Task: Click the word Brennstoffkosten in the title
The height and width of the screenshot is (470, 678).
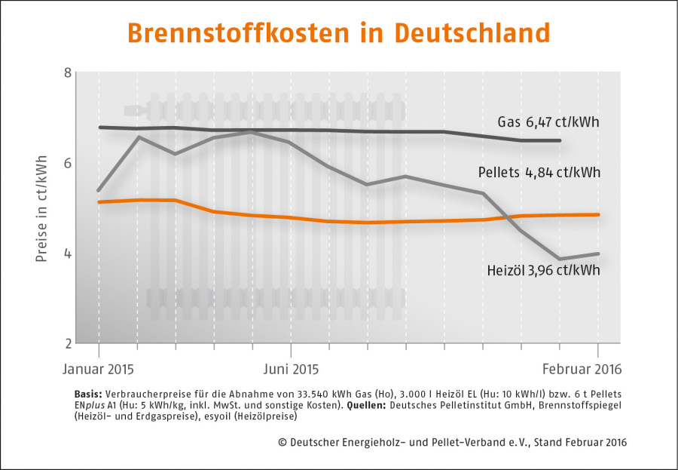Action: [238, 33]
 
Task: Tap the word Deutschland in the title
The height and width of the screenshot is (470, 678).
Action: [472, 33]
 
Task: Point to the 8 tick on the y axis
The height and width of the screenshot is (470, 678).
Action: [68, 72]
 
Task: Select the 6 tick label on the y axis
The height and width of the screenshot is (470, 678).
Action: [68, 163]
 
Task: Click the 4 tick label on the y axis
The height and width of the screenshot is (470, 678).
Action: [68, 253]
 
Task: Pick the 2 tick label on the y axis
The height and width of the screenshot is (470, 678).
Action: [68, 343]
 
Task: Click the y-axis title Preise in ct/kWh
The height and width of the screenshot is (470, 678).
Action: [41, 208]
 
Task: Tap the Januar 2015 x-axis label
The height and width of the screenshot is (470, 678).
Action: [98, 369]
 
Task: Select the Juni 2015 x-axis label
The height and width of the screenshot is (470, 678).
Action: [291, 369]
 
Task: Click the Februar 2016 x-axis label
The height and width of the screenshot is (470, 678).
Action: [582, 369]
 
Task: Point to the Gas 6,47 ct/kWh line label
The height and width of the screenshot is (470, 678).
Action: [548, 121]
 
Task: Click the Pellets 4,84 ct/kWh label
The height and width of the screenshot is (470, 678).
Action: [539, 173]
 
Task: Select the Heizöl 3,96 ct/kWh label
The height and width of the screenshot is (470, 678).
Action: [543, 270]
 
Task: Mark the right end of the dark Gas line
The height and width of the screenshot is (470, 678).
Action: [560, 140]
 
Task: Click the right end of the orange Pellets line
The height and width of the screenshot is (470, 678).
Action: [598, 214]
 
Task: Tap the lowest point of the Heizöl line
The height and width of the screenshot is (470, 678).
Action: [560, 259]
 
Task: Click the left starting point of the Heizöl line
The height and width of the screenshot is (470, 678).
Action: [99, 190]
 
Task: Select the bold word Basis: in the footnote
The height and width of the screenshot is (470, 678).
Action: [88, 395]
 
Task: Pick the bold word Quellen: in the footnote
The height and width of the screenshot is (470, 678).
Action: [366, 405]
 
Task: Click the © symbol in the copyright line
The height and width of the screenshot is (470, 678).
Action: [282, 442]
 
